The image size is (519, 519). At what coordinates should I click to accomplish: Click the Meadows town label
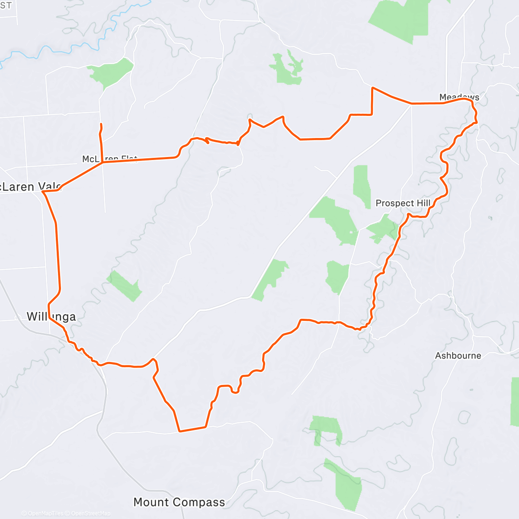click(459, 97)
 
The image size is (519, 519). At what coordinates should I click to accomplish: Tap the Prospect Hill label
click(403, 203)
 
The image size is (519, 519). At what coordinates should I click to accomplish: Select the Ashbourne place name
click(458, 356)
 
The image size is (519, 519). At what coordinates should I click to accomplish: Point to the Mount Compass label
click(179, 502)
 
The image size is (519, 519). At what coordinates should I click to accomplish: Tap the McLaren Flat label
click(109, 159)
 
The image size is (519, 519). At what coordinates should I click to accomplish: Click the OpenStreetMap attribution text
click(90, 513)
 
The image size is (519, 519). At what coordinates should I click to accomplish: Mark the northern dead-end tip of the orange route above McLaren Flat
click(101, 124)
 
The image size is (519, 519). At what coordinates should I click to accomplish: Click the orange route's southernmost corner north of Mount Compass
click(179, 431)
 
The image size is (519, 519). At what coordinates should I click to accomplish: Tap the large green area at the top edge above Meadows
click(400, 19)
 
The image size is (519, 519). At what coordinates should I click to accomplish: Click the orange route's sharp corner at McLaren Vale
click(43, 191)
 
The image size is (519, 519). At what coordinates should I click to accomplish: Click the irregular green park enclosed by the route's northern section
click(286, 68)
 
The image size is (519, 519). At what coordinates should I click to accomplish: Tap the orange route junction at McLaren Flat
click(102, 163)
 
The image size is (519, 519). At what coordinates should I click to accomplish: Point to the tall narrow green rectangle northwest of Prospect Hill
click(362, 186)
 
